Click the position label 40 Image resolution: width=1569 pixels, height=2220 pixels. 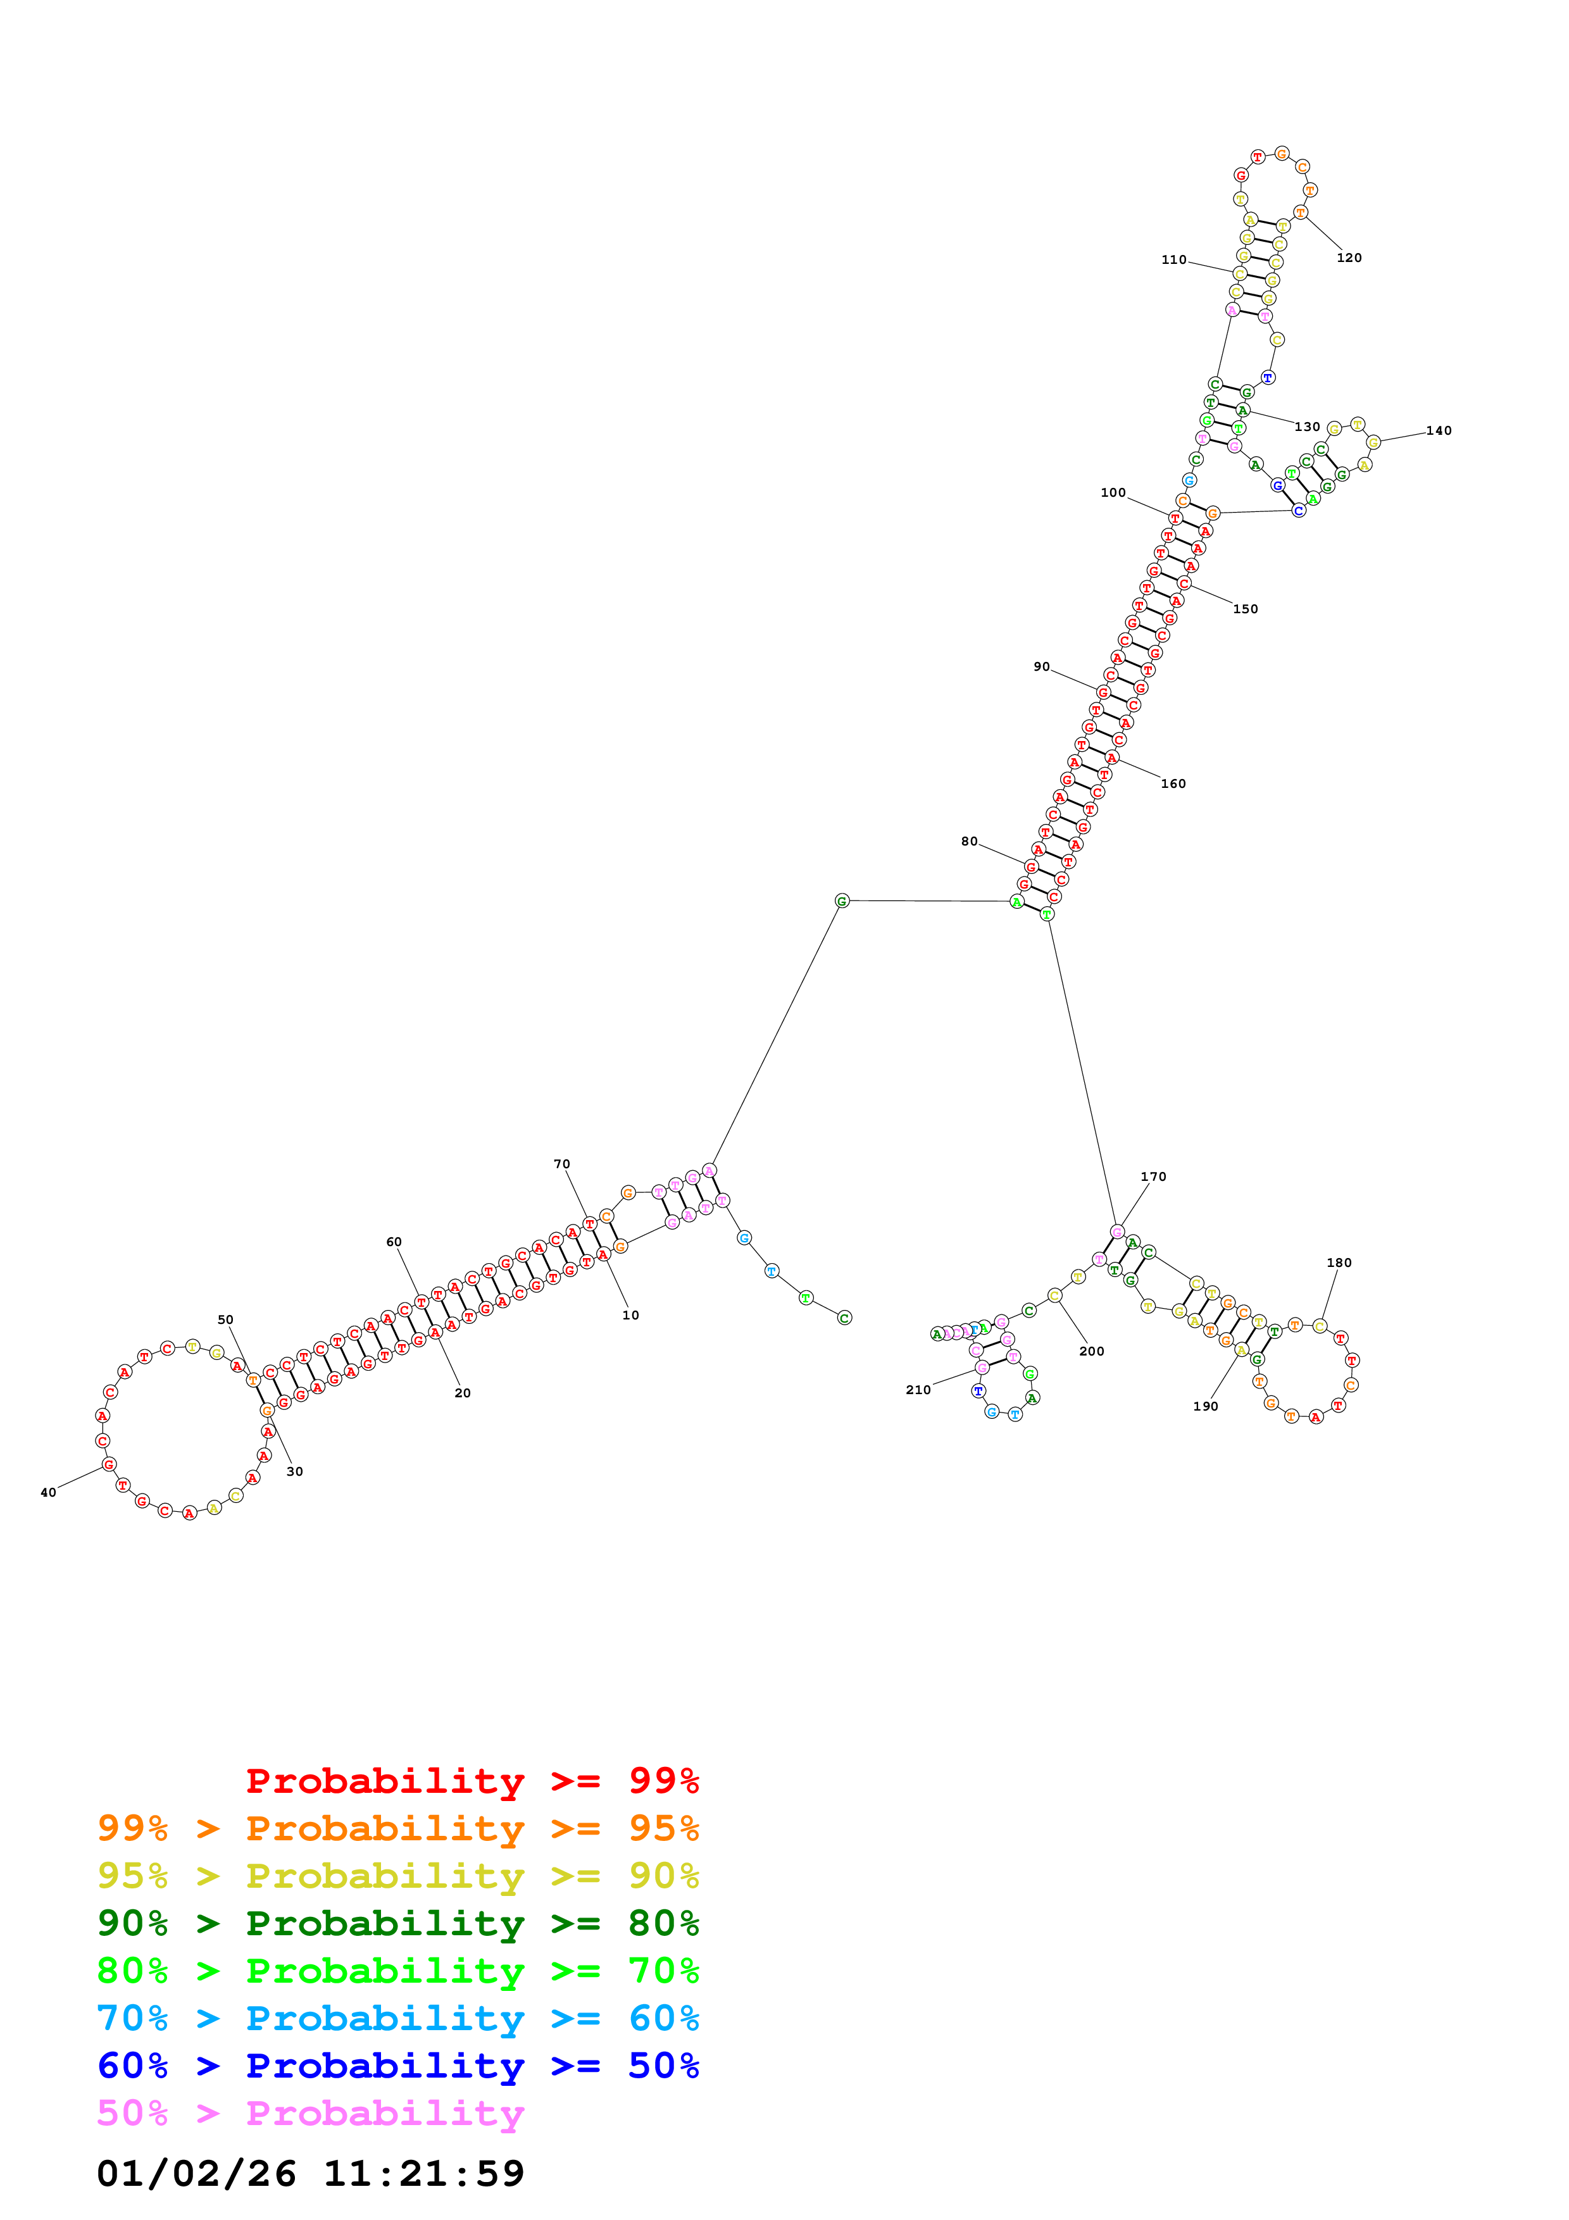coord(48,1492)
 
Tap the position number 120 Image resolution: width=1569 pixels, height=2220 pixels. coord(1349,258)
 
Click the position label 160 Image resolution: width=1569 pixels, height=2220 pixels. coord(1173,784)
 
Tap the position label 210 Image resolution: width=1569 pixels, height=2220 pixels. coord(918,1390)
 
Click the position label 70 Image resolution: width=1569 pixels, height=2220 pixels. coord(561,1164)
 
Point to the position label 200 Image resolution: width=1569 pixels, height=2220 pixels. coord(1091,1352)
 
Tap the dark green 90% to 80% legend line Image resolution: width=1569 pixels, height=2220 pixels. coord(397,1923)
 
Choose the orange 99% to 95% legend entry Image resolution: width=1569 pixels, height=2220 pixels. coord(397,1828)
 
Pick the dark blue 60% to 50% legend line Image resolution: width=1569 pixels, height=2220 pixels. coord(397,2066)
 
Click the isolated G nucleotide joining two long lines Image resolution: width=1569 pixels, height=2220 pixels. coord(841,901)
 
